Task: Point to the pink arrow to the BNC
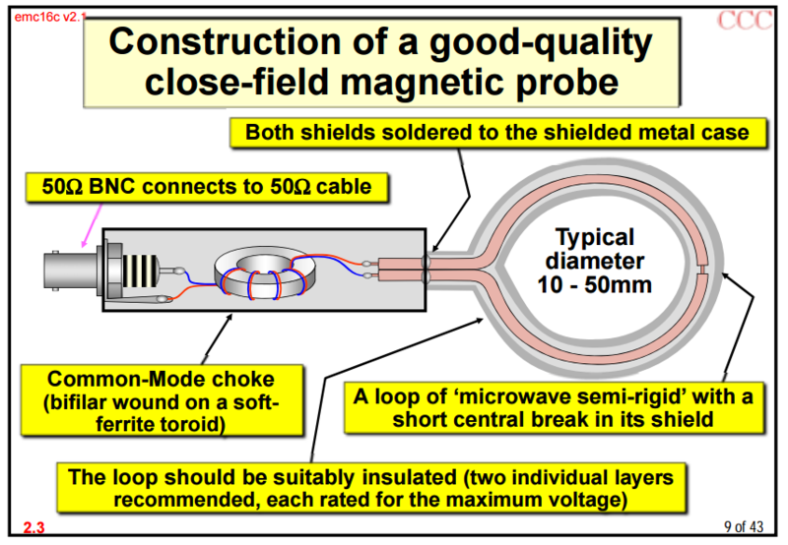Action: pos(92,225)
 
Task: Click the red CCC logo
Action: pos(745,20)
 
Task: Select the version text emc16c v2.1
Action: pos(48,17)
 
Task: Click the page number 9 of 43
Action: pos(744,526)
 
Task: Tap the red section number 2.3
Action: pos(33,527)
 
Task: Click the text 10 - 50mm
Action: pos(594,284)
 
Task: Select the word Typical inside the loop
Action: pos(595,237)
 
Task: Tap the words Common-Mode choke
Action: pos(161,379)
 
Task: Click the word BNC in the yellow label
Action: pos(112,187)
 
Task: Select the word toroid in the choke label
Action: pos(192,425)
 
